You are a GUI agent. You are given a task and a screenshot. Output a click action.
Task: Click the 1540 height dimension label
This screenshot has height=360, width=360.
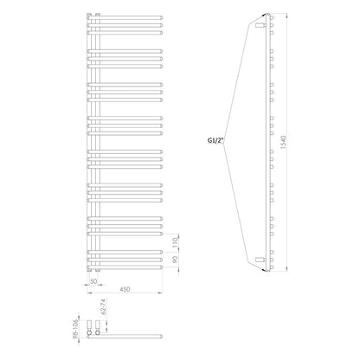pyautogui.click(x=283, y=142)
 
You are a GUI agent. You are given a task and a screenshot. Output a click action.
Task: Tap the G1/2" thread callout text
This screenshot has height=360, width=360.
pyautogui.click(x=215, y=141)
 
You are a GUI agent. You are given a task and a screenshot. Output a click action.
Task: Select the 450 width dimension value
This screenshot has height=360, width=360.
pyautogui.click(x=125, y=289)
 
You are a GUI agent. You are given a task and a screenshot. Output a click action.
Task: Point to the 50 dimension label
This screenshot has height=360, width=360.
pyautogui.click(x=93, y=281)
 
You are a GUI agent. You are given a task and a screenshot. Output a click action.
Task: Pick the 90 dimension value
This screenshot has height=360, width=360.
pyautogui.click(x=176, y=260)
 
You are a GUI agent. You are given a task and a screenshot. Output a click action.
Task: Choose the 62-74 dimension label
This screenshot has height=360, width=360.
pyautogui.click(x=105, y=307)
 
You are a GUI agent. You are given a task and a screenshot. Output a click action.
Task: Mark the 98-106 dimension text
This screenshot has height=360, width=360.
pyautogui.click(x=76, y=329)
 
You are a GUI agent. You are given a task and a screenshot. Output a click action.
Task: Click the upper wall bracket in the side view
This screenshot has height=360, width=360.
pyautogui.click(x=260, y=25)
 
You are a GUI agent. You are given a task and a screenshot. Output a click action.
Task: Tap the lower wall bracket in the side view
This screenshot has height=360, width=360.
pyautogui.click(x=260, y=260)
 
